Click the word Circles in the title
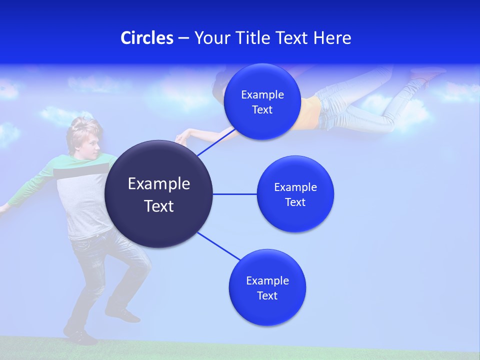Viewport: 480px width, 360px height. (146, 38)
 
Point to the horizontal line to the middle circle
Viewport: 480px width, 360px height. (234, 194)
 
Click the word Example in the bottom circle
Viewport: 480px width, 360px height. (267, 280)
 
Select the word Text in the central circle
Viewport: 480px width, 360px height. (159, 206)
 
